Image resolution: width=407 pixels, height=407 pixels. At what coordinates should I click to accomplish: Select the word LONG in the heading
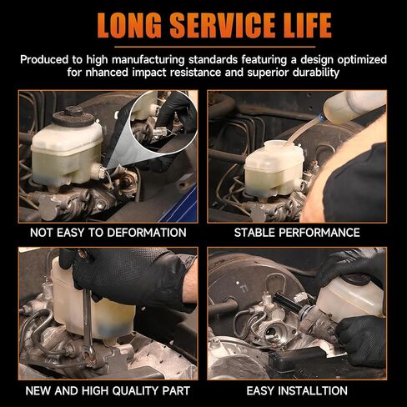(x=129, y=25)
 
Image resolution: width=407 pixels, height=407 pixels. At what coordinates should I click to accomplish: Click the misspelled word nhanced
(x=107, y=73)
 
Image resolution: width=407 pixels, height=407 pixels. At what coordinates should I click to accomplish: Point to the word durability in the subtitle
(x=316, y=73)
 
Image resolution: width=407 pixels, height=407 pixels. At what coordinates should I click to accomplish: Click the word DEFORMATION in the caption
(x=147, y=233)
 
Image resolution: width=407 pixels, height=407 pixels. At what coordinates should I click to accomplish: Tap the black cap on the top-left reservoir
(x=73, y=118)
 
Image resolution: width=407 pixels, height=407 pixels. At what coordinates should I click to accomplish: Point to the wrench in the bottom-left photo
(x=88, y=325)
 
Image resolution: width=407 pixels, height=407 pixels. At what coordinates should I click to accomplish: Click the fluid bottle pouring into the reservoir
(x=354, y=106)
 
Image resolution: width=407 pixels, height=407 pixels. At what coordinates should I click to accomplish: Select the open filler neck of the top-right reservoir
(x=277, y=144)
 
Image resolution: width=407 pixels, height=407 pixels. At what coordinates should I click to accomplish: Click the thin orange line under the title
(x=214, y=47)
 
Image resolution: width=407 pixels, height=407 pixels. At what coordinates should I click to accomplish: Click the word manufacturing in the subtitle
(x=148, y=60)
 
